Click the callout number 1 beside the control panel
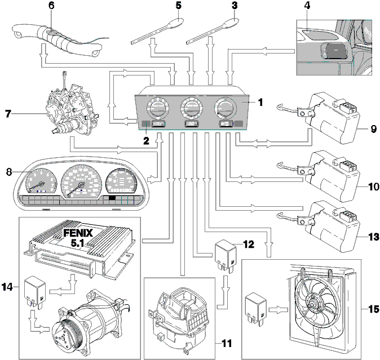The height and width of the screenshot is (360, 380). [x=260, y=103]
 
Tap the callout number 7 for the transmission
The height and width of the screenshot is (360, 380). [x=8, y=114]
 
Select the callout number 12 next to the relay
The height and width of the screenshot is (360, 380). [x=249, y=245]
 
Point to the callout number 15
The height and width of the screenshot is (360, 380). [x=374, y=309]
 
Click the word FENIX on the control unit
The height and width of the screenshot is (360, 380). [x=78, y=233]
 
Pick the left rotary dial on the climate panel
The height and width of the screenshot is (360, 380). [x=157, y=108]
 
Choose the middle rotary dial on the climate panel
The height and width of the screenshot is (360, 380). [x=192, y=108]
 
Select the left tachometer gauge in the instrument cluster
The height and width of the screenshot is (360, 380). [x=42, y=181]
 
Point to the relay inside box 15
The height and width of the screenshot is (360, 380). [x=256, y=308]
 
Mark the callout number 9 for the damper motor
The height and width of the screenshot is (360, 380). [x=373, y=128]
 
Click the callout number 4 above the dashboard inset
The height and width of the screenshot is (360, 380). [x=307, y=5]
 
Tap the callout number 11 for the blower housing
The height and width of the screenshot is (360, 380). [x=227, y=343]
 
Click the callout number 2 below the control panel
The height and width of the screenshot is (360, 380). [x=146, y=141]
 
